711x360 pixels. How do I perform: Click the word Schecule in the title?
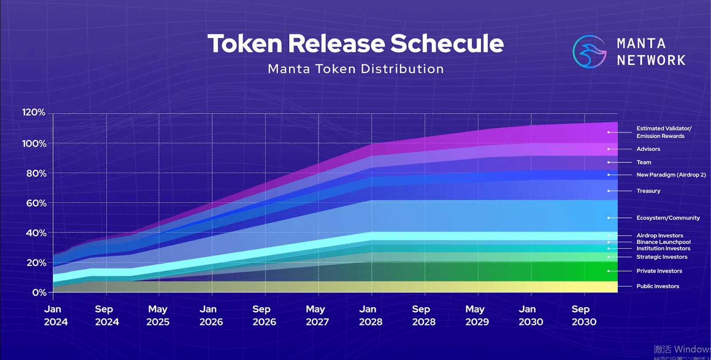447,44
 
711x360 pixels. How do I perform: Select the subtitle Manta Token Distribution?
356,69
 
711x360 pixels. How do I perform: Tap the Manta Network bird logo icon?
589,52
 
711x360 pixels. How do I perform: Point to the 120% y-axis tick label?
34,112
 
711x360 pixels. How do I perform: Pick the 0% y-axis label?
39,293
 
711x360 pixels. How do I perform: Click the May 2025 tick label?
158,316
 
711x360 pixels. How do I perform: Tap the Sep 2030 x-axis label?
584,316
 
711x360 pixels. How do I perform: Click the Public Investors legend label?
658,286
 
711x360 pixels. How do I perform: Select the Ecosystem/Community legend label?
668,218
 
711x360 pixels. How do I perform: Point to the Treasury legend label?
648,191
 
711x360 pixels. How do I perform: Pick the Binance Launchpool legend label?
663,242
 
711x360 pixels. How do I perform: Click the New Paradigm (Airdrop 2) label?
671,175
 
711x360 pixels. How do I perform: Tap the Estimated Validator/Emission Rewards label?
663,132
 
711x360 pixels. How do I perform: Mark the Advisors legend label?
648,149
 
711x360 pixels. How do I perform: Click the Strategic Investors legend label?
662,257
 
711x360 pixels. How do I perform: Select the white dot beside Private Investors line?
608,271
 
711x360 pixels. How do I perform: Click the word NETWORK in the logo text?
651,60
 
